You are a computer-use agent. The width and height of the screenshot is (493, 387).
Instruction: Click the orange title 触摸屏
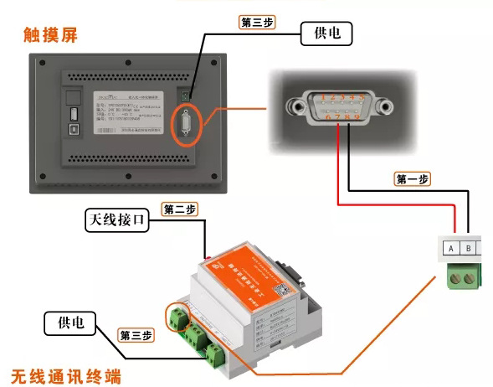[x=56, y=36]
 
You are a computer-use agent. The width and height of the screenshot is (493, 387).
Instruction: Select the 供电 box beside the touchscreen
[x=327, y=34]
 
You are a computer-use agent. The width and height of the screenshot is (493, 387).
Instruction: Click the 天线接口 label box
[x=116, y=221]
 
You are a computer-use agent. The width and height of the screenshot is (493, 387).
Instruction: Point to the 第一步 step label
[x=412, y=178]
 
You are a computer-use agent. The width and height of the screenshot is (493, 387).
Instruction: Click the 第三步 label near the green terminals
[x=136, y=335]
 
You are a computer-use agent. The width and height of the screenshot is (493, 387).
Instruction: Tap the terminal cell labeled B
[x=470, y=249]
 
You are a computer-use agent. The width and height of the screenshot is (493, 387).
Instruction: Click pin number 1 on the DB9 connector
[x=322, y=98]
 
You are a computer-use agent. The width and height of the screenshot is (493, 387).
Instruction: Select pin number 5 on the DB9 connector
[x=362, y=98]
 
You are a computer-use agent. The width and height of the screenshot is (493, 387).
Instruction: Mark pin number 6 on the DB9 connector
[x=327, y=117]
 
